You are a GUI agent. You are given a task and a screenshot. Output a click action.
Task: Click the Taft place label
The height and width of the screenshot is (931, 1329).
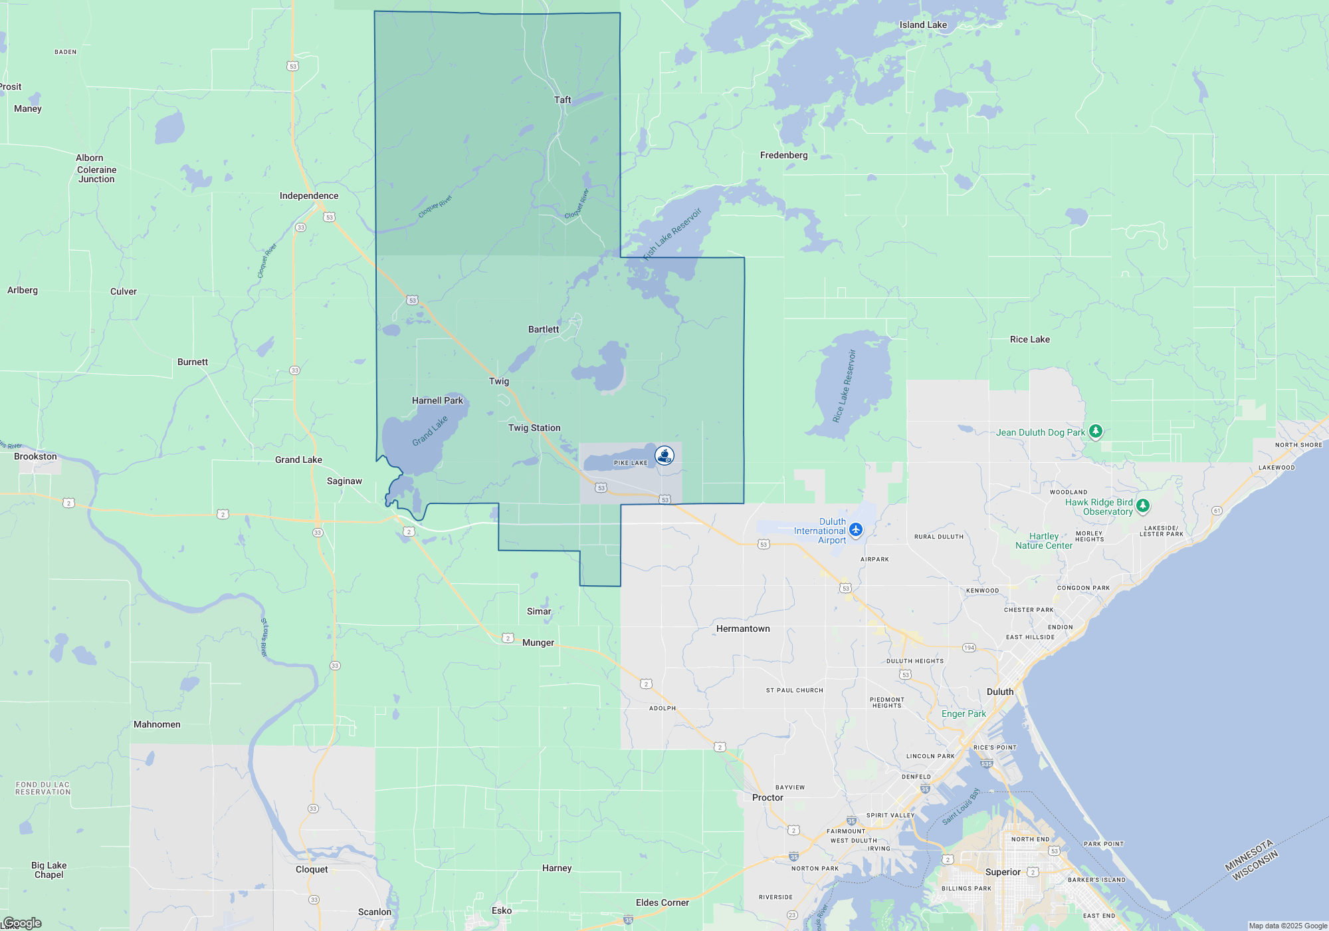[x=562, y=100]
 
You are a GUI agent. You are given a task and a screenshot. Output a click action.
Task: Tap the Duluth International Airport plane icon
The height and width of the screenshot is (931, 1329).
[x=856, y=530]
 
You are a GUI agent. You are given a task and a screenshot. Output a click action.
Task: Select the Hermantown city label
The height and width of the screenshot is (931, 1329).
[x=743, y=628]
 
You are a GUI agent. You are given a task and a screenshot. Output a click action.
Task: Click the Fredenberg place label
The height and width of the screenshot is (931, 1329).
[x=783, y=155]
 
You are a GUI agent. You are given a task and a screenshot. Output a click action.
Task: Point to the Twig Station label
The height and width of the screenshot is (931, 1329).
[x=534, y=428]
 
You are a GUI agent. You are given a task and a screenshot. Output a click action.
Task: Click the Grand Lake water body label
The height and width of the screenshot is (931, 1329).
[x=430, y=431]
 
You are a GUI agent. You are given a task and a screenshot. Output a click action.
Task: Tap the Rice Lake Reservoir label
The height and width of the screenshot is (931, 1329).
[x=845, y=386]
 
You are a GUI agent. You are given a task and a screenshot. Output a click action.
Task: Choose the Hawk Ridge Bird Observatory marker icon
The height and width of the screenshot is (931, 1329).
[x=1143, y=506]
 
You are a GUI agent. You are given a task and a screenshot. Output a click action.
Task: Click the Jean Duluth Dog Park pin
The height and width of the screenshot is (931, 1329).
[x=1096, y=432]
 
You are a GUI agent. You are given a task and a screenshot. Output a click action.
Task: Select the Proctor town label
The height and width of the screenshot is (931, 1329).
[x=767, y=797]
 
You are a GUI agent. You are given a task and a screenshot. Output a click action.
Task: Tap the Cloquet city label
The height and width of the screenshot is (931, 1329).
[x=312, y=869]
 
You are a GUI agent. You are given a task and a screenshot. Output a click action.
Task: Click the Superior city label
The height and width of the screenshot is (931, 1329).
[x=1003, y=872]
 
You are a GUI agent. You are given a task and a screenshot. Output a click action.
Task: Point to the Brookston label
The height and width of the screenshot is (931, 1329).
[x=35, y=456]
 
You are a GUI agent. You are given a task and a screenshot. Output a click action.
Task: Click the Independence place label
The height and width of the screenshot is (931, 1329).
[x=309, y=196]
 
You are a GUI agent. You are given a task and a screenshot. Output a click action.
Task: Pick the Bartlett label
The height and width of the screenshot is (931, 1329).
[x=544, y=329]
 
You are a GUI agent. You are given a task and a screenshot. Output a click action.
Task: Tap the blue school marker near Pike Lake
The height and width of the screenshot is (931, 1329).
[x=664, y=456]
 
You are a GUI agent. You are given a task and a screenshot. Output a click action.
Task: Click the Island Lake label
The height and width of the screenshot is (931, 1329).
[x=923, y=25]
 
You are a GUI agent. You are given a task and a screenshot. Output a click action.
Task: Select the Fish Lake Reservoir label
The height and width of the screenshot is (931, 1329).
[x=672, y=233]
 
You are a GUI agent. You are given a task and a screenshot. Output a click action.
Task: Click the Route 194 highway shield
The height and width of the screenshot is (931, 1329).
[x=969, y=648]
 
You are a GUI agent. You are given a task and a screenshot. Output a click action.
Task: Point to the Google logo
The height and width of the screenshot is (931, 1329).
[x=23, y=923]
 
